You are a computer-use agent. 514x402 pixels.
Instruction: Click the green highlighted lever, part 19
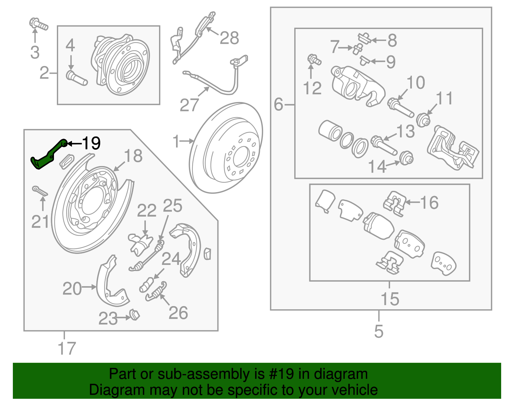pyautogui.click(x=48, y=156)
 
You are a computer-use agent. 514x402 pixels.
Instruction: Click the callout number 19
pyautogui.click(x=91, y=143)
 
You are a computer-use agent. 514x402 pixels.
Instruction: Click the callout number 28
pyautogui.click(x=229, y=38)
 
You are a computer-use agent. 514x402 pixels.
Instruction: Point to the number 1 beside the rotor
pyautogui.click(x=176, y=141)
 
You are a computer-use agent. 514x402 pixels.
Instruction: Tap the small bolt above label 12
pyautogui.click(x=314, y=60)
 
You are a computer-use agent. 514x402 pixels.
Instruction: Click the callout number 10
pyautogui.click(x=416, y=83)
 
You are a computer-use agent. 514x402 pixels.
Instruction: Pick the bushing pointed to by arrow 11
pyautogui.click(x=423, y=120)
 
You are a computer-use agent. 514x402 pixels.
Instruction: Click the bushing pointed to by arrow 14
pyautogui.click(x=406, y=158)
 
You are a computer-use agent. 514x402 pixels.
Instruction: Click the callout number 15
pyautogui.click(x=390, y=299)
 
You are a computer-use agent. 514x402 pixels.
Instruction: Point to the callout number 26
pyautogui.click(x=178, y=313)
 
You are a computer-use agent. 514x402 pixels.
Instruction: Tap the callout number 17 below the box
pyautogui.click(x=66, y=348)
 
